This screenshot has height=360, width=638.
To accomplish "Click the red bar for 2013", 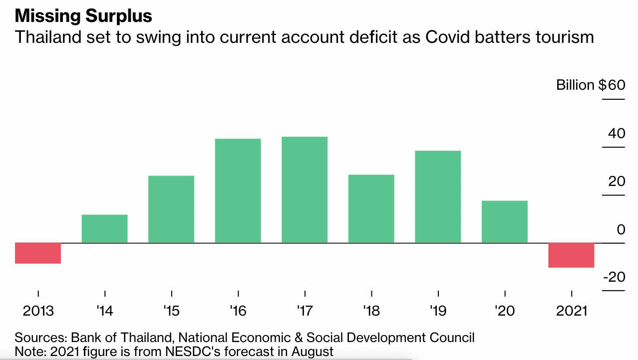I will (38, 253).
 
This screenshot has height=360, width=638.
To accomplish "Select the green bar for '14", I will (104, 229).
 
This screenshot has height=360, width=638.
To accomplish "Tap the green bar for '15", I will (171, 209).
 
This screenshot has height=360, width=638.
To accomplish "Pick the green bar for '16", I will (238, 191).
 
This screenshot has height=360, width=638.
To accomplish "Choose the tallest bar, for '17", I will (305, 190).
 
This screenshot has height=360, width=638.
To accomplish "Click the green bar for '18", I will (371, 209).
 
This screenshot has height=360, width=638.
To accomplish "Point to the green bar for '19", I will (438, 197).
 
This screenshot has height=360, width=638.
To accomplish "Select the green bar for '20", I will (505, 222).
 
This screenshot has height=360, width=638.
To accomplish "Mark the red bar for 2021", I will (571, 255).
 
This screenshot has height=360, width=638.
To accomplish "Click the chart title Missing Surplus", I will (83, 16).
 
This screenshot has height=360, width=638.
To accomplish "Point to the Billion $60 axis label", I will (591, 85).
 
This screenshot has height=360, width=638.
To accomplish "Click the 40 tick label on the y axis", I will (616, 134).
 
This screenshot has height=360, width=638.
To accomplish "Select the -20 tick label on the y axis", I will (614, 277).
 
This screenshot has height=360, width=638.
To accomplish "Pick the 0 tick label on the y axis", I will (621, 230).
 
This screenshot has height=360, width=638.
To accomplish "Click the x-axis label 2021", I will (572, 311).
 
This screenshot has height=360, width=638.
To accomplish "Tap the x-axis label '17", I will (305, 311).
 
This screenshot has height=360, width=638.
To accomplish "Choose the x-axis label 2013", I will (38, 311).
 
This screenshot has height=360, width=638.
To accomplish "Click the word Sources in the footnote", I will (40, 338).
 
